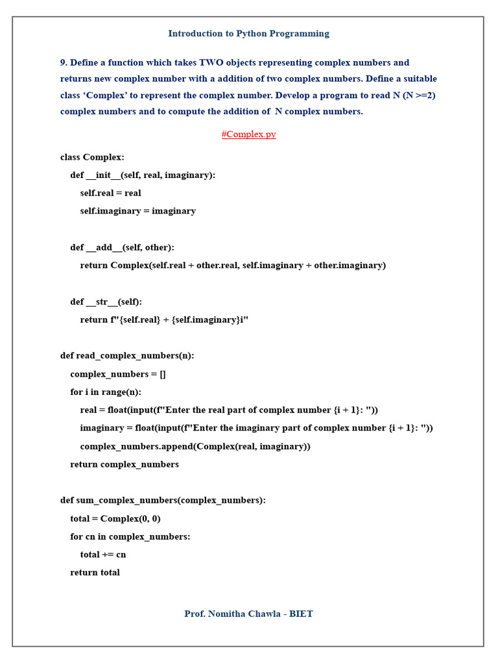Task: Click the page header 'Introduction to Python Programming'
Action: click(x=248, y=34)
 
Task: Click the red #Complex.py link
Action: click(x=248, y=134)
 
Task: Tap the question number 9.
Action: click(x=64, y=63)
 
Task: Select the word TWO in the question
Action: click(x=211, y=63)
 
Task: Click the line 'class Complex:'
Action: click(x=92, y=157)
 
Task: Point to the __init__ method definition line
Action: click(x=143, y=175)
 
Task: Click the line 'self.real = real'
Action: click(x=110, y=193)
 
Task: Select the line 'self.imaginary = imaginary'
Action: click(x=137, y=211)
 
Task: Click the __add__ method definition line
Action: click(x=122, y=247)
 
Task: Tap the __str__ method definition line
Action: click(x=106, y=302)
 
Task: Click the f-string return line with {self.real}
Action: click(x=164, y=320)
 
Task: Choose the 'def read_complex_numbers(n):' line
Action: click(x=127, y=356)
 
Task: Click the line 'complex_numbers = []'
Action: click(x=118, y=374)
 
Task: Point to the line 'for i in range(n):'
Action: click(x=106, y=392)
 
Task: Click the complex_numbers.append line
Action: click(x=195, y=446)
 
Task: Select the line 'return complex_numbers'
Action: click(x=124, y=464)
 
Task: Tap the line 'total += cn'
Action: click(x=103, y=555)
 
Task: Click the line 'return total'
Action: click(x=95, y=573)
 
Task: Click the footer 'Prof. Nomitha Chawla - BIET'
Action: click(x=248, y=614)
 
